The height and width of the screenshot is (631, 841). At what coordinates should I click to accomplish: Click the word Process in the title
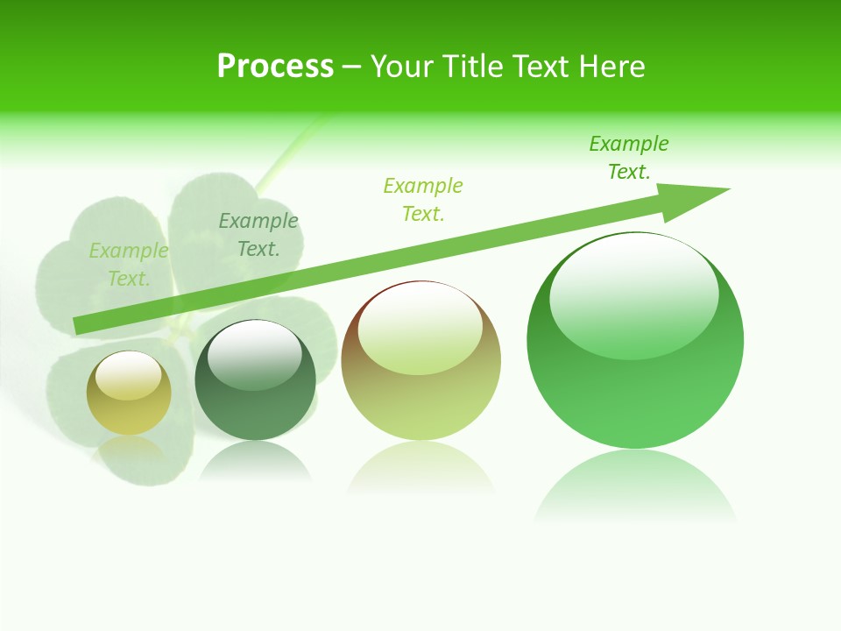[x=275, y=67]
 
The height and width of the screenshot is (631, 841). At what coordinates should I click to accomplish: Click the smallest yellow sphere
[x=129, y=393]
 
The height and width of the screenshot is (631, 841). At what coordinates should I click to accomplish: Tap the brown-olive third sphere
[x=420, y=360]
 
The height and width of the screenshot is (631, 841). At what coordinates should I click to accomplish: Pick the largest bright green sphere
[x=635, y=341]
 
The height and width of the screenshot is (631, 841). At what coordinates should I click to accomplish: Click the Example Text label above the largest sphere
[x=629, y=158]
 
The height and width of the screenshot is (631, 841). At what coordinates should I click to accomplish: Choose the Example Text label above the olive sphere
[x=423, y=199]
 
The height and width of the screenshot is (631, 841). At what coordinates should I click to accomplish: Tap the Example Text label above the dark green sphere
[x=258, y=234]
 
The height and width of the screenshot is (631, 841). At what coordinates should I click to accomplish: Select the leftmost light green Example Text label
[x=129, y=265]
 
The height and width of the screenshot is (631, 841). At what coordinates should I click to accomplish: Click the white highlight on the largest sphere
[x=634, y=293]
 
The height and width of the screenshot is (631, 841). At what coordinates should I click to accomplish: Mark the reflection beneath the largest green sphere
[x=635, y=486]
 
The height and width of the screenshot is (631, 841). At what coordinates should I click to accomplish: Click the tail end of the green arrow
[x=81, y=325]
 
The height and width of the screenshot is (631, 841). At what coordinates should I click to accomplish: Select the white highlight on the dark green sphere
[x=255, y=354]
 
